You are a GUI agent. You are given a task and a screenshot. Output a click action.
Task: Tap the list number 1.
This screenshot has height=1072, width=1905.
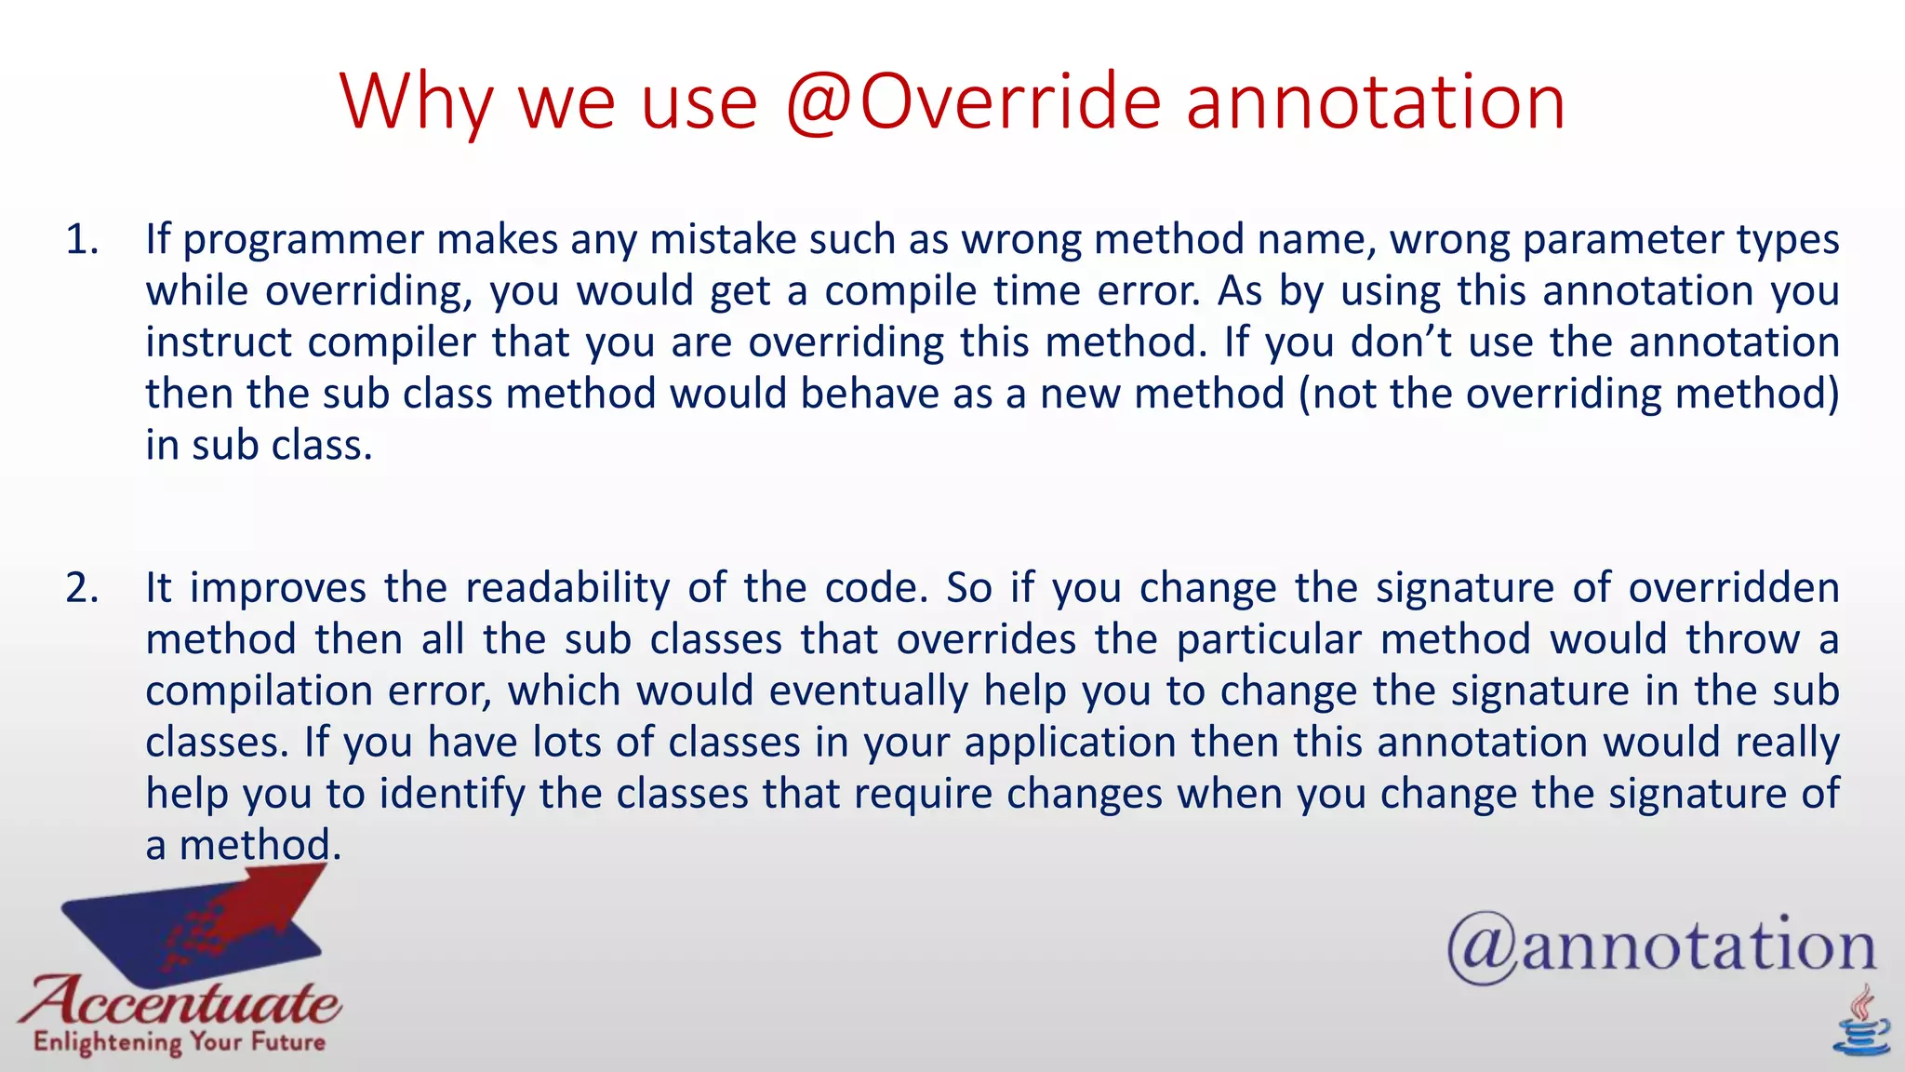point(82,240)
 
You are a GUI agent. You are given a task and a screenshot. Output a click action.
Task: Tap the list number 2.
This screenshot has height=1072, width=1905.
point(82,588)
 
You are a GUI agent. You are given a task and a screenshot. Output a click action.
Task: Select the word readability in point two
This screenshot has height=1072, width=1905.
point(567,588)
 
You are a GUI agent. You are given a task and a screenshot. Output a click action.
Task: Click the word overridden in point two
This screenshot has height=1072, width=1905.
point(1734,588)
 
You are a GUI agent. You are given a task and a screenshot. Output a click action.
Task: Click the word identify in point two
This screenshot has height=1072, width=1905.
point(452,794)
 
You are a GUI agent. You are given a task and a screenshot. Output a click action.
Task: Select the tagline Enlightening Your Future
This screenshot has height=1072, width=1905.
point(179,1042)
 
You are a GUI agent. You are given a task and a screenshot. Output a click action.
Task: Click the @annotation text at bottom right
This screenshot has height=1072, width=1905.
point(1661,947)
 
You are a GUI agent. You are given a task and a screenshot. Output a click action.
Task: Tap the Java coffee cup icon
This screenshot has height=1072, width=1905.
point(1861,1024)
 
